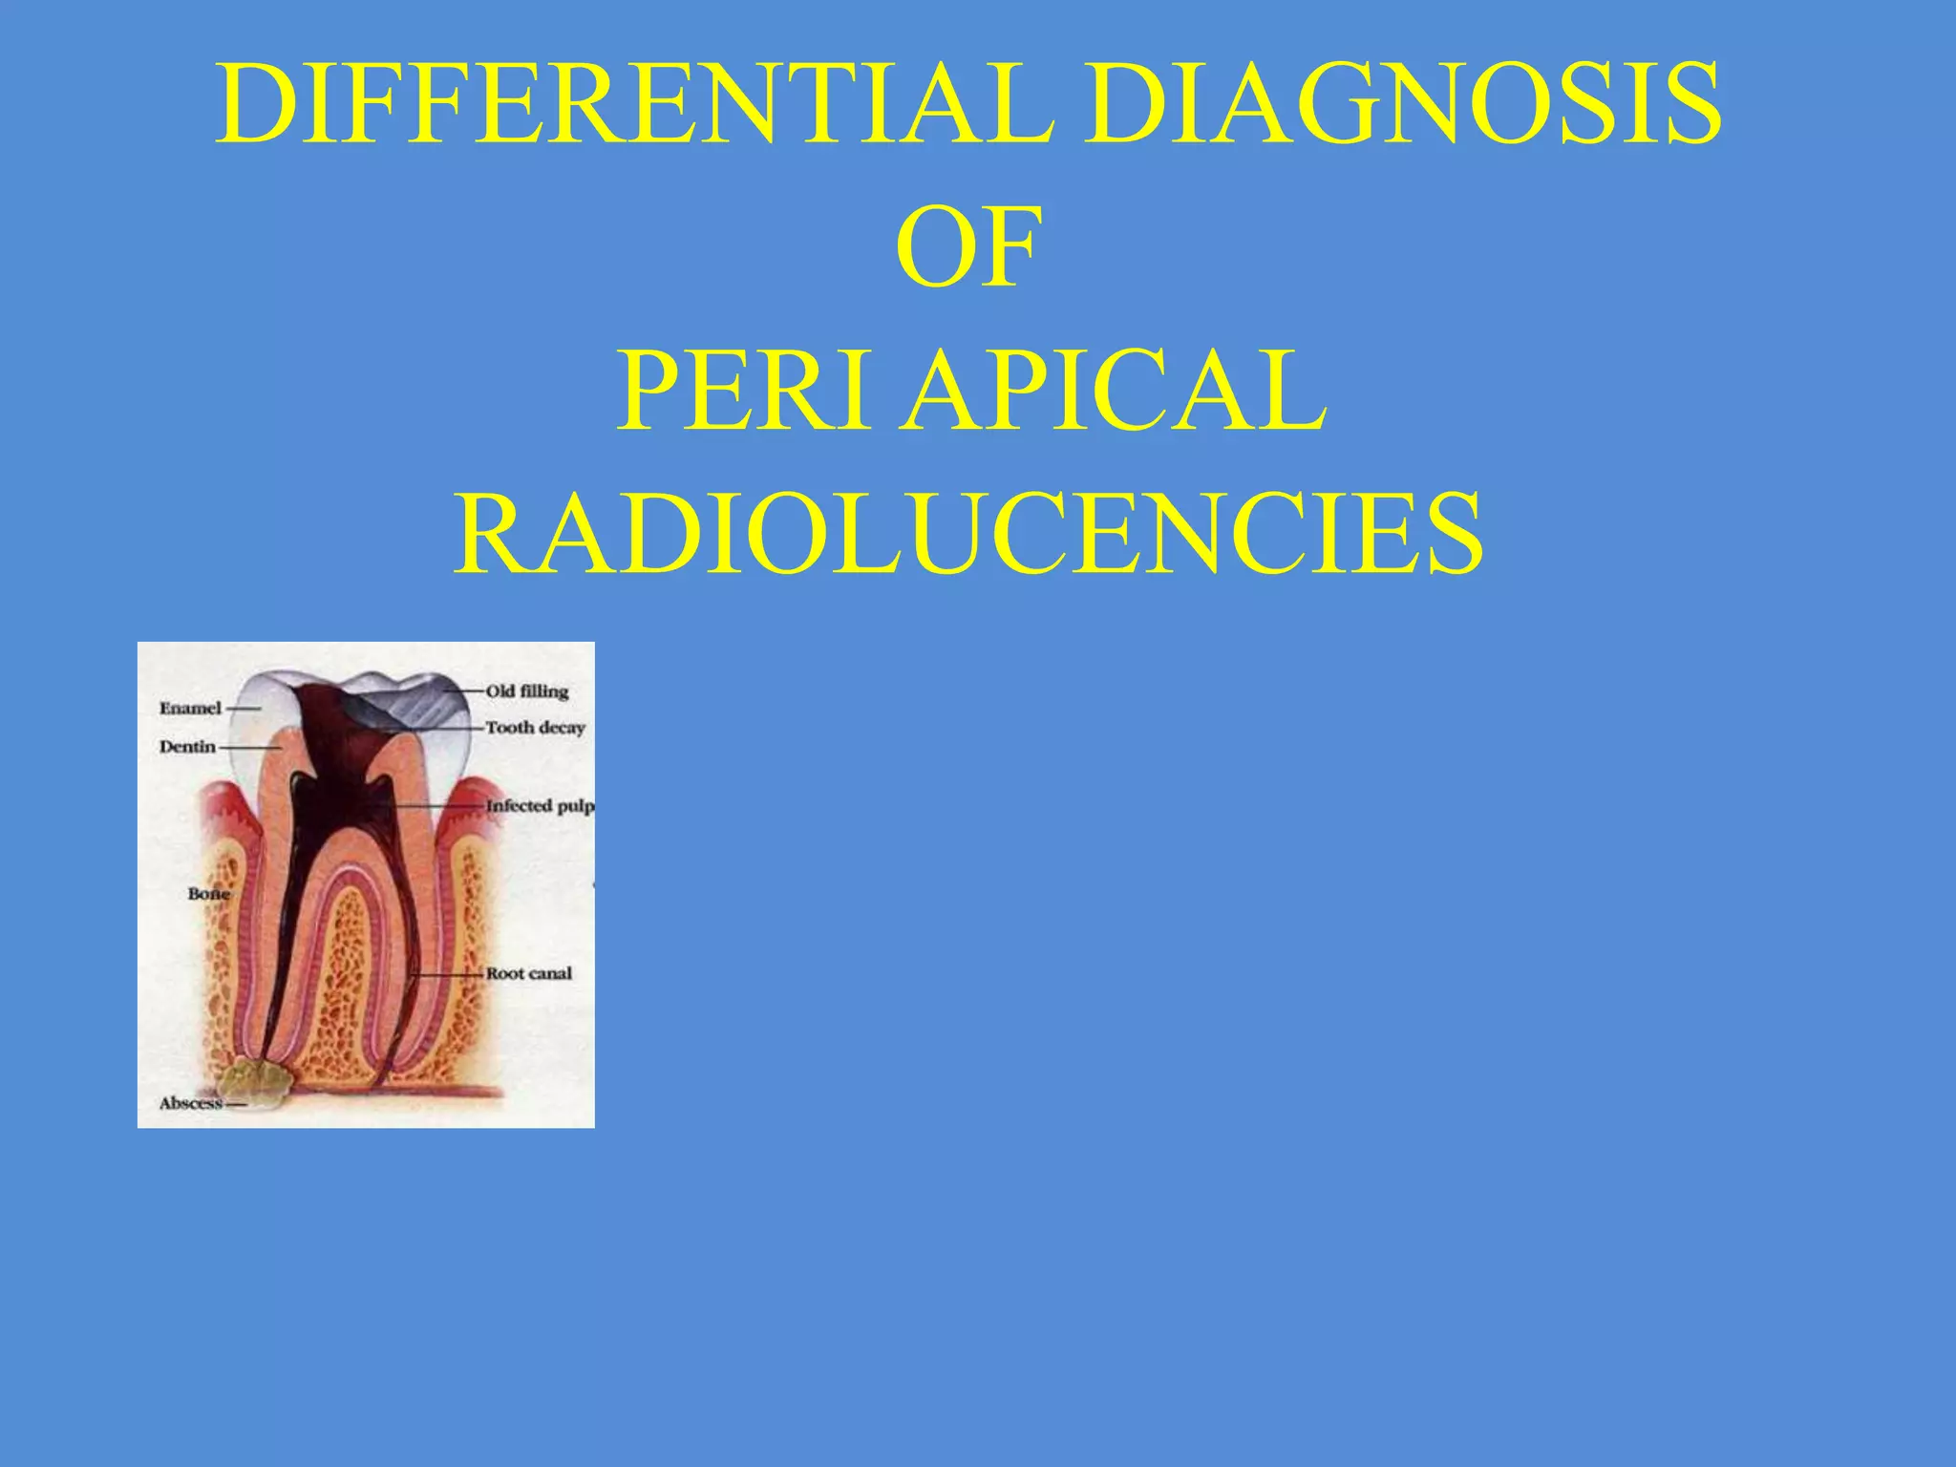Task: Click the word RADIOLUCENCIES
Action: click(967, 535)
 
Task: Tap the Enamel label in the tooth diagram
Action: click(190, 709)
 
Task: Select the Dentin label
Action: click(187, 747)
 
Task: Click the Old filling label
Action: click(527, 691)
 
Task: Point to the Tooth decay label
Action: click(535, 728)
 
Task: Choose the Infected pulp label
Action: click(540, 806)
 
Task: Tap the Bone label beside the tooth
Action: click(208, 894)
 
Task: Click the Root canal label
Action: click(529, 973)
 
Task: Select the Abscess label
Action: click(190, 1103)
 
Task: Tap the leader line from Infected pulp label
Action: click(439, 807)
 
